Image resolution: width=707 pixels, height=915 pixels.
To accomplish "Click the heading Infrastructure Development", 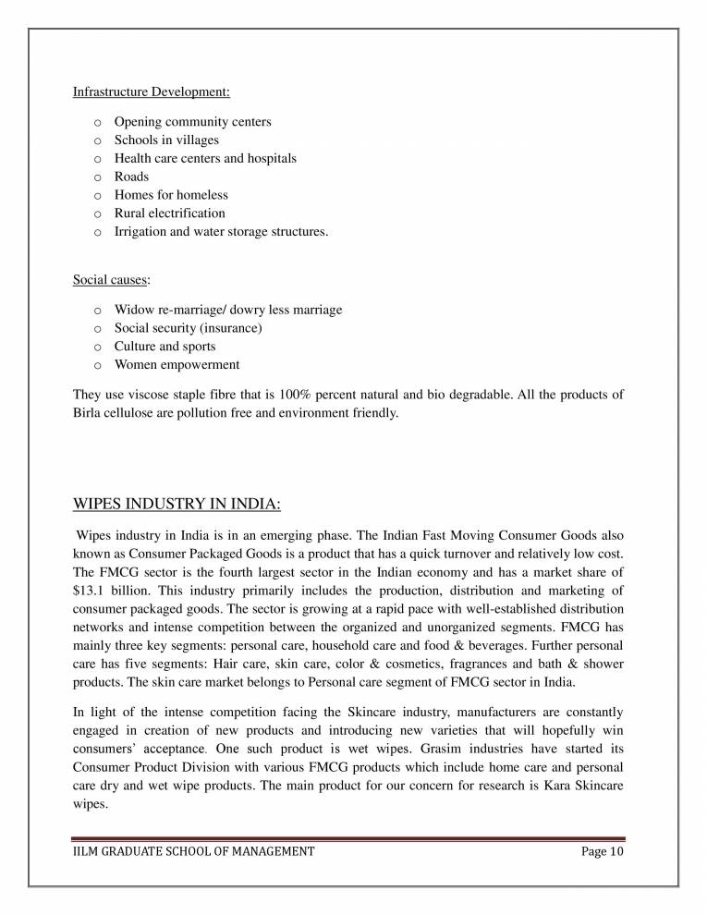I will (152, 91).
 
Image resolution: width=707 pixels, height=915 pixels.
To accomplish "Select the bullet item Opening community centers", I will (192, 121).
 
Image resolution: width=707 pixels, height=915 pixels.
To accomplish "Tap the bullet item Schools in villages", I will (166, 140).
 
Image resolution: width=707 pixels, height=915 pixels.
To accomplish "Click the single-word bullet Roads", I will (131, 177).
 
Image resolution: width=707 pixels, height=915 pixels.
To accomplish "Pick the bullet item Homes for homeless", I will (171, 195).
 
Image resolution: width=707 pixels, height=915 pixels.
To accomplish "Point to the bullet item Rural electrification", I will (169, 213).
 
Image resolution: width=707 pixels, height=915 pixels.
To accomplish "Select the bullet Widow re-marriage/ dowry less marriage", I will (227, 310).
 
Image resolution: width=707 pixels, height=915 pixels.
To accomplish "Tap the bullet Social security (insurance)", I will (188, 328).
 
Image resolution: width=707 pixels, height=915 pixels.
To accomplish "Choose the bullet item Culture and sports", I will (165, 347).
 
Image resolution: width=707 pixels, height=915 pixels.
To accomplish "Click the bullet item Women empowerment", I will (177, 365).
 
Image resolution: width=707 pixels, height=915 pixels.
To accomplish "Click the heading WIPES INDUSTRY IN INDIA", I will (177, 505).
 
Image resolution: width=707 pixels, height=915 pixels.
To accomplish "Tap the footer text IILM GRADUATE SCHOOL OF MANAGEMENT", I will (193, 851).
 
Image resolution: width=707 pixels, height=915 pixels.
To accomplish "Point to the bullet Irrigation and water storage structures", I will (221, 232).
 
